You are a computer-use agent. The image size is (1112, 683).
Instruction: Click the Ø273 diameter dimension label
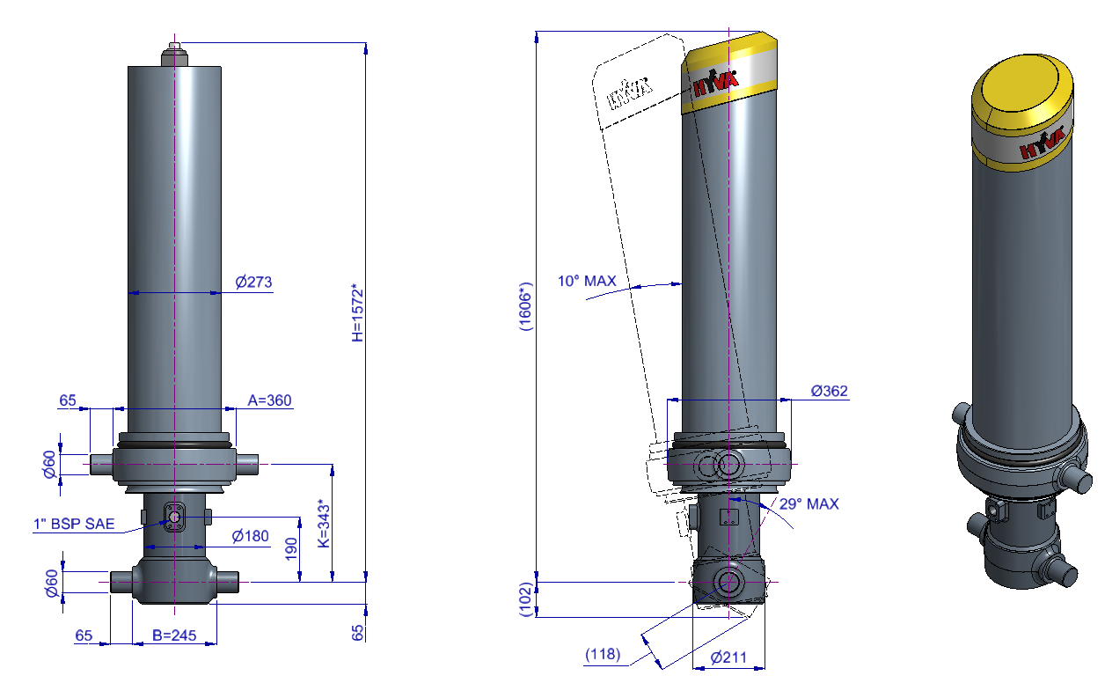click(x=253, y=283)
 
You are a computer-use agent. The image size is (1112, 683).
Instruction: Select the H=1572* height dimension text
click(x=356, y=312)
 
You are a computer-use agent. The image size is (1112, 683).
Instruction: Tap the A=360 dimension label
click(x=269, y=400)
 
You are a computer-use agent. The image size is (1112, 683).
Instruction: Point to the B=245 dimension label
click(x=173, y=635)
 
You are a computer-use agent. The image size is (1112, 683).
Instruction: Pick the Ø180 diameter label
click(x=250, y=536)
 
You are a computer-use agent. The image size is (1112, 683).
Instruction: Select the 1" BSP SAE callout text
click(x=75, y=525)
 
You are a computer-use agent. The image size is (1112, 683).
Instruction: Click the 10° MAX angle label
click(x=587, y=282)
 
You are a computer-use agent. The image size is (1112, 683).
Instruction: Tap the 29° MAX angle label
click(x=808, y=504)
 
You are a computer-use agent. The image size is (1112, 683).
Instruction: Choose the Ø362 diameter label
click(x=830, y=391)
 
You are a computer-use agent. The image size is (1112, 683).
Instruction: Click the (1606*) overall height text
click(x=525, y=306)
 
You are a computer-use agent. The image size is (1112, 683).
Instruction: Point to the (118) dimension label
click(x=603, y=655)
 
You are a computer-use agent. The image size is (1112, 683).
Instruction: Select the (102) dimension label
click(x=525, y=599)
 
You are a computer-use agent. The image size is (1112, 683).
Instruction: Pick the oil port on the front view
click(x=174, y=517)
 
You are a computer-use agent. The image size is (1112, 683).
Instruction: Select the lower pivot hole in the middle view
click(x=728, y=581)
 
